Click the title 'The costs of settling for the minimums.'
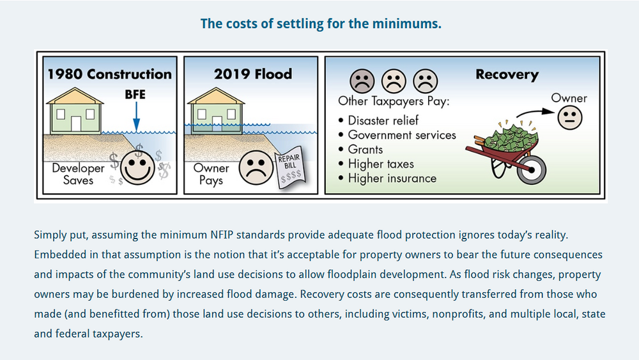coord(321,24)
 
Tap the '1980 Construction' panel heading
coord(109,74)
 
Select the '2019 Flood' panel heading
coord(253,74)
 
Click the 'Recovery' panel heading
coord(507,75)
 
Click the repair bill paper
coord(290,171)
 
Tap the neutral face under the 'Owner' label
coord(568,117)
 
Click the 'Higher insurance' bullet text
coord(392,178)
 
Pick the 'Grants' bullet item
coord(365,150)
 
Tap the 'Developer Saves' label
coord(78,174)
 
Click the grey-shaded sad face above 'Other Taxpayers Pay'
coord(362,81)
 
